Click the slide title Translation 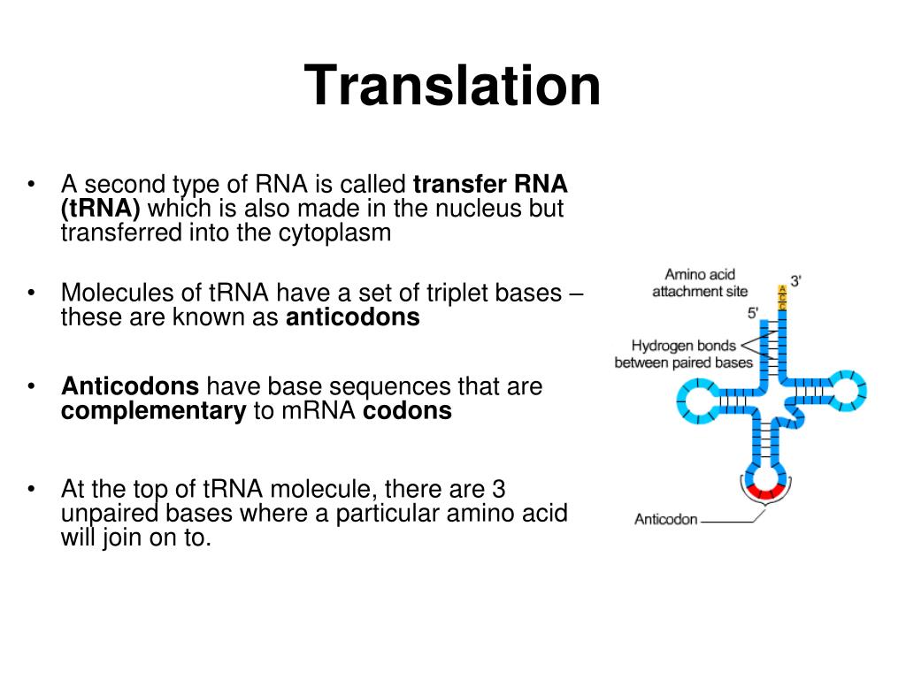pyautogui.click(x=452, y=87)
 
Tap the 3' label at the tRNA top pyautogui.click(x=796, y=282)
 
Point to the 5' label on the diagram pyautogui.click(x=754, y=312)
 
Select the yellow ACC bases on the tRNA pyautogui.click(x=781, y=297)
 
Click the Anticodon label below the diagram pyautogui.click(x=665, y=520)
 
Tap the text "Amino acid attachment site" pyautogui.click(x=699, y=283)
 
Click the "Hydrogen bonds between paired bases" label pyautogui.click(x=683, y=354)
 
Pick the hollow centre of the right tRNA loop pyautogui.click(x=846, y=390)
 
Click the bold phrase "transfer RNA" pyautogui.click(x=490, y=185)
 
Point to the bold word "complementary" pyautogui.click(x=153, y=411)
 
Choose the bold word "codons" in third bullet pyautogui.click(x=407, y=411)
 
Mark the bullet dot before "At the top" pyautogui.click(x=31, y=489)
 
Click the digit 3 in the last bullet pyautogui.click(x=498, y=489)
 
